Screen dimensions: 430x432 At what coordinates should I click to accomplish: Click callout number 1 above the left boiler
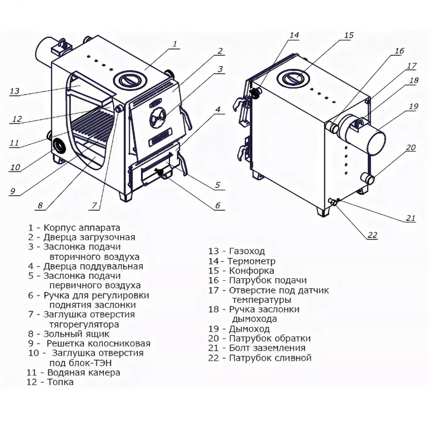coord(175,44)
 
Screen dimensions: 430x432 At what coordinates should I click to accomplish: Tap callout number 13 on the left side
coord(15,92)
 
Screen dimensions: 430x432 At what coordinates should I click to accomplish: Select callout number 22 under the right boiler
coord(372,235)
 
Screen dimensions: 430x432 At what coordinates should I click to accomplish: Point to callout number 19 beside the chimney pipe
coord(412,106)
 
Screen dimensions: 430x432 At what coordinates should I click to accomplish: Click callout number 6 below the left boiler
coord(218,206)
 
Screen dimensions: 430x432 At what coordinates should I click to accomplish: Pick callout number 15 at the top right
coord(349,36)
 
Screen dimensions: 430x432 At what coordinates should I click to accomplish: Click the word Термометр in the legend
coord(252,261)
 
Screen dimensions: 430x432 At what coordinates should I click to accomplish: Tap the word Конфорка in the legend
coord(252,270)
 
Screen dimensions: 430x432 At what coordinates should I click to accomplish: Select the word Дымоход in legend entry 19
coord(249,329)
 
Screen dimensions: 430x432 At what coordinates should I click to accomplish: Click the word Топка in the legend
coord(58,382)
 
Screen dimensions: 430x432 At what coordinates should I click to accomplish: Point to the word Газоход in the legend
coord(250,251)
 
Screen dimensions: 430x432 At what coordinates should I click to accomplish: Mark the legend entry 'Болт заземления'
coord(267,348)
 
